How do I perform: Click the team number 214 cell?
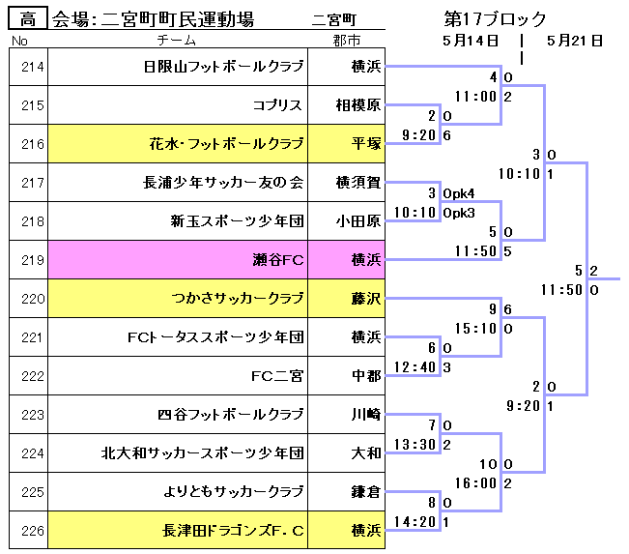[32, 67]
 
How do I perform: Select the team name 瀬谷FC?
[277, 260]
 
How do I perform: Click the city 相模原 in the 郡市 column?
[358, 105]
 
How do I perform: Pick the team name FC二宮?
[277, 376]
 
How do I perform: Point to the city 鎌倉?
[366, 492]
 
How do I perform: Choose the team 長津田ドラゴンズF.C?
[234, 531]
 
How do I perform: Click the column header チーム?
[176, 41]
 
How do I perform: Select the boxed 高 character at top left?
[28, 19]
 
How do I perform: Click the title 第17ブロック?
[495, 19]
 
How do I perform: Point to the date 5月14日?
[470, 41]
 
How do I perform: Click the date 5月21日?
[575, 41]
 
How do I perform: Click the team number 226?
[32, 531]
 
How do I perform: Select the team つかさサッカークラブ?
[238, 299]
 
